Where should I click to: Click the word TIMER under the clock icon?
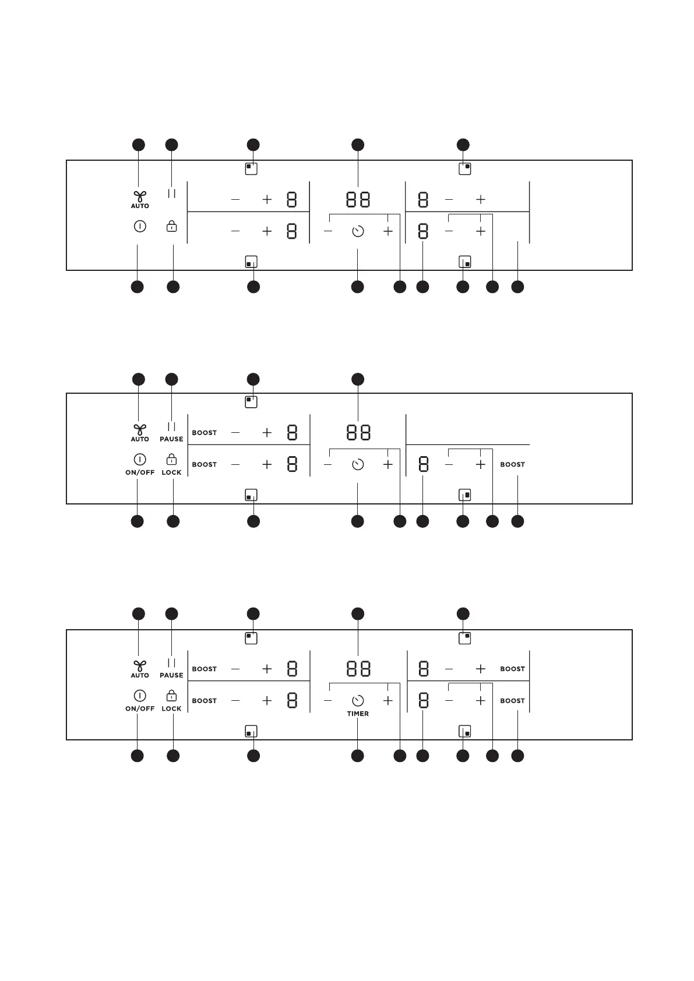(x=358, y=714)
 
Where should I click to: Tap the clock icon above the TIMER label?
(x=358, y=700)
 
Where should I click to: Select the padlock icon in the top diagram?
(x=171, y=226)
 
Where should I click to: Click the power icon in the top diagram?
(x=140, y=226)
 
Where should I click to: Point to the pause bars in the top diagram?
(x=171, y=193)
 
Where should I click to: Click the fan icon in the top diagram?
(x=140, y=196)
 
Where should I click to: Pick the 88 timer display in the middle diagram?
(x=358, y=433)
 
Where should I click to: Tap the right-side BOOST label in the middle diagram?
(x=512, y=464)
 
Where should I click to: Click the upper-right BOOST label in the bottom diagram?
(x=512, y=669)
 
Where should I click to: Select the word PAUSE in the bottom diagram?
(x=171, y=675)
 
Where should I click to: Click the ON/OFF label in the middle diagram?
(x=140, y=472)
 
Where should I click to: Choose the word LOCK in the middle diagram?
(x=171, y=472)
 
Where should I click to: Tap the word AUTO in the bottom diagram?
(x=140, y=675)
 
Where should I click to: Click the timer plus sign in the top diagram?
(x=388, y=231)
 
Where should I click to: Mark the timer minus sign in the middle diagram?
(x=328, y=464)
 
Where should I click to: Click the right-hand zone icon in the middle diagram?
(x=465, y=495)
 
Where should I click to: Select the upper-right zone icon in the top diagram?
(x=465, y=169)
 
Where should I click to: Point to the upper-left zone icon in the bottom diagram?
(x=251, y=638)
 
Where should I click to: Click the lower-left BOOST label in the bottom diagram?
(x=204, y=701)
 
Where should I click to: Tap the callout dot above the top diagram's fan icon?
(x=138, y=144)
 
